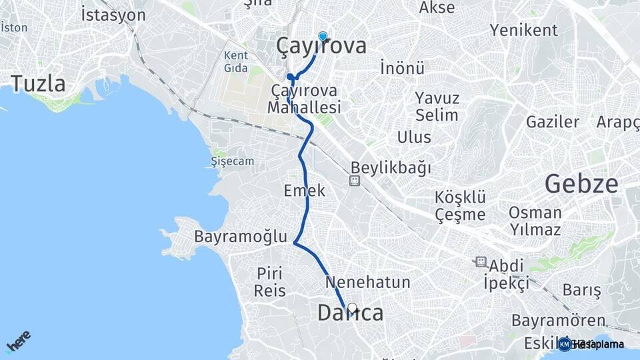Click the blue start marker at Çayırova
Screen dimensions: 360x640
click(323, 37)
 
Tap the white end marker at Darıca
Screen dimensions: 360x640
click(352, 308)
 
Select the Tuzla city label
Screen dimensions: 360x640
click(38, 84)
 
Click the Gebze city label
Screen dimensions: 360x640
click(581, 183)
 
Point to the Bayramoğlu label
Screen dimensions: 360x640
click(241, 237)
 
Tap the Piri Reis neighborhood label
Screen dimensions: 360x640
click(270, 281)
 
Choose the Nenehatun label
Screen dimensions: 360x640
click(367, 282)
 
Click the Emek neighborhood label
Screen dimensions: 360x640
click(304, 190)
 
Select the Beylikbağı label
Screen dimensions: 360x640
click(391, 167)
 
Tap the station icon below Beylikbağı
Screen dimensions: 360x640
click(355, 181)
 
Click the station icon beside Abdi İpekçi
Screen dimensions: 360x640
click(481, 262)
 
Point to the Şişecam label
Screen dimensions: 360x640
click(232, 161)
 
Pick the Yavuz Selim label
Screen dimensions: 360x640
click(437, 107)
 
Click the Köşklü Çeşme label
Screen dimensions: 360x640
click(460, 206)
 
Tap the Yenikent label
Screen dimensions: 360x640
click(523, 30)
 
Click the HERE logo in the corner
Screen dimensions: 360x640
click(18, 341)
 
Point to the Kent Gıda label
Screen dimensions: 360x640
click(236, 61)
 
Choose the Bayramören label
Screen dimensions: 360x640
click(558, 321)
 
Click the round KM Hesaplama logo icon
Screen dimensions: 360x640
click(565, 344)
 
